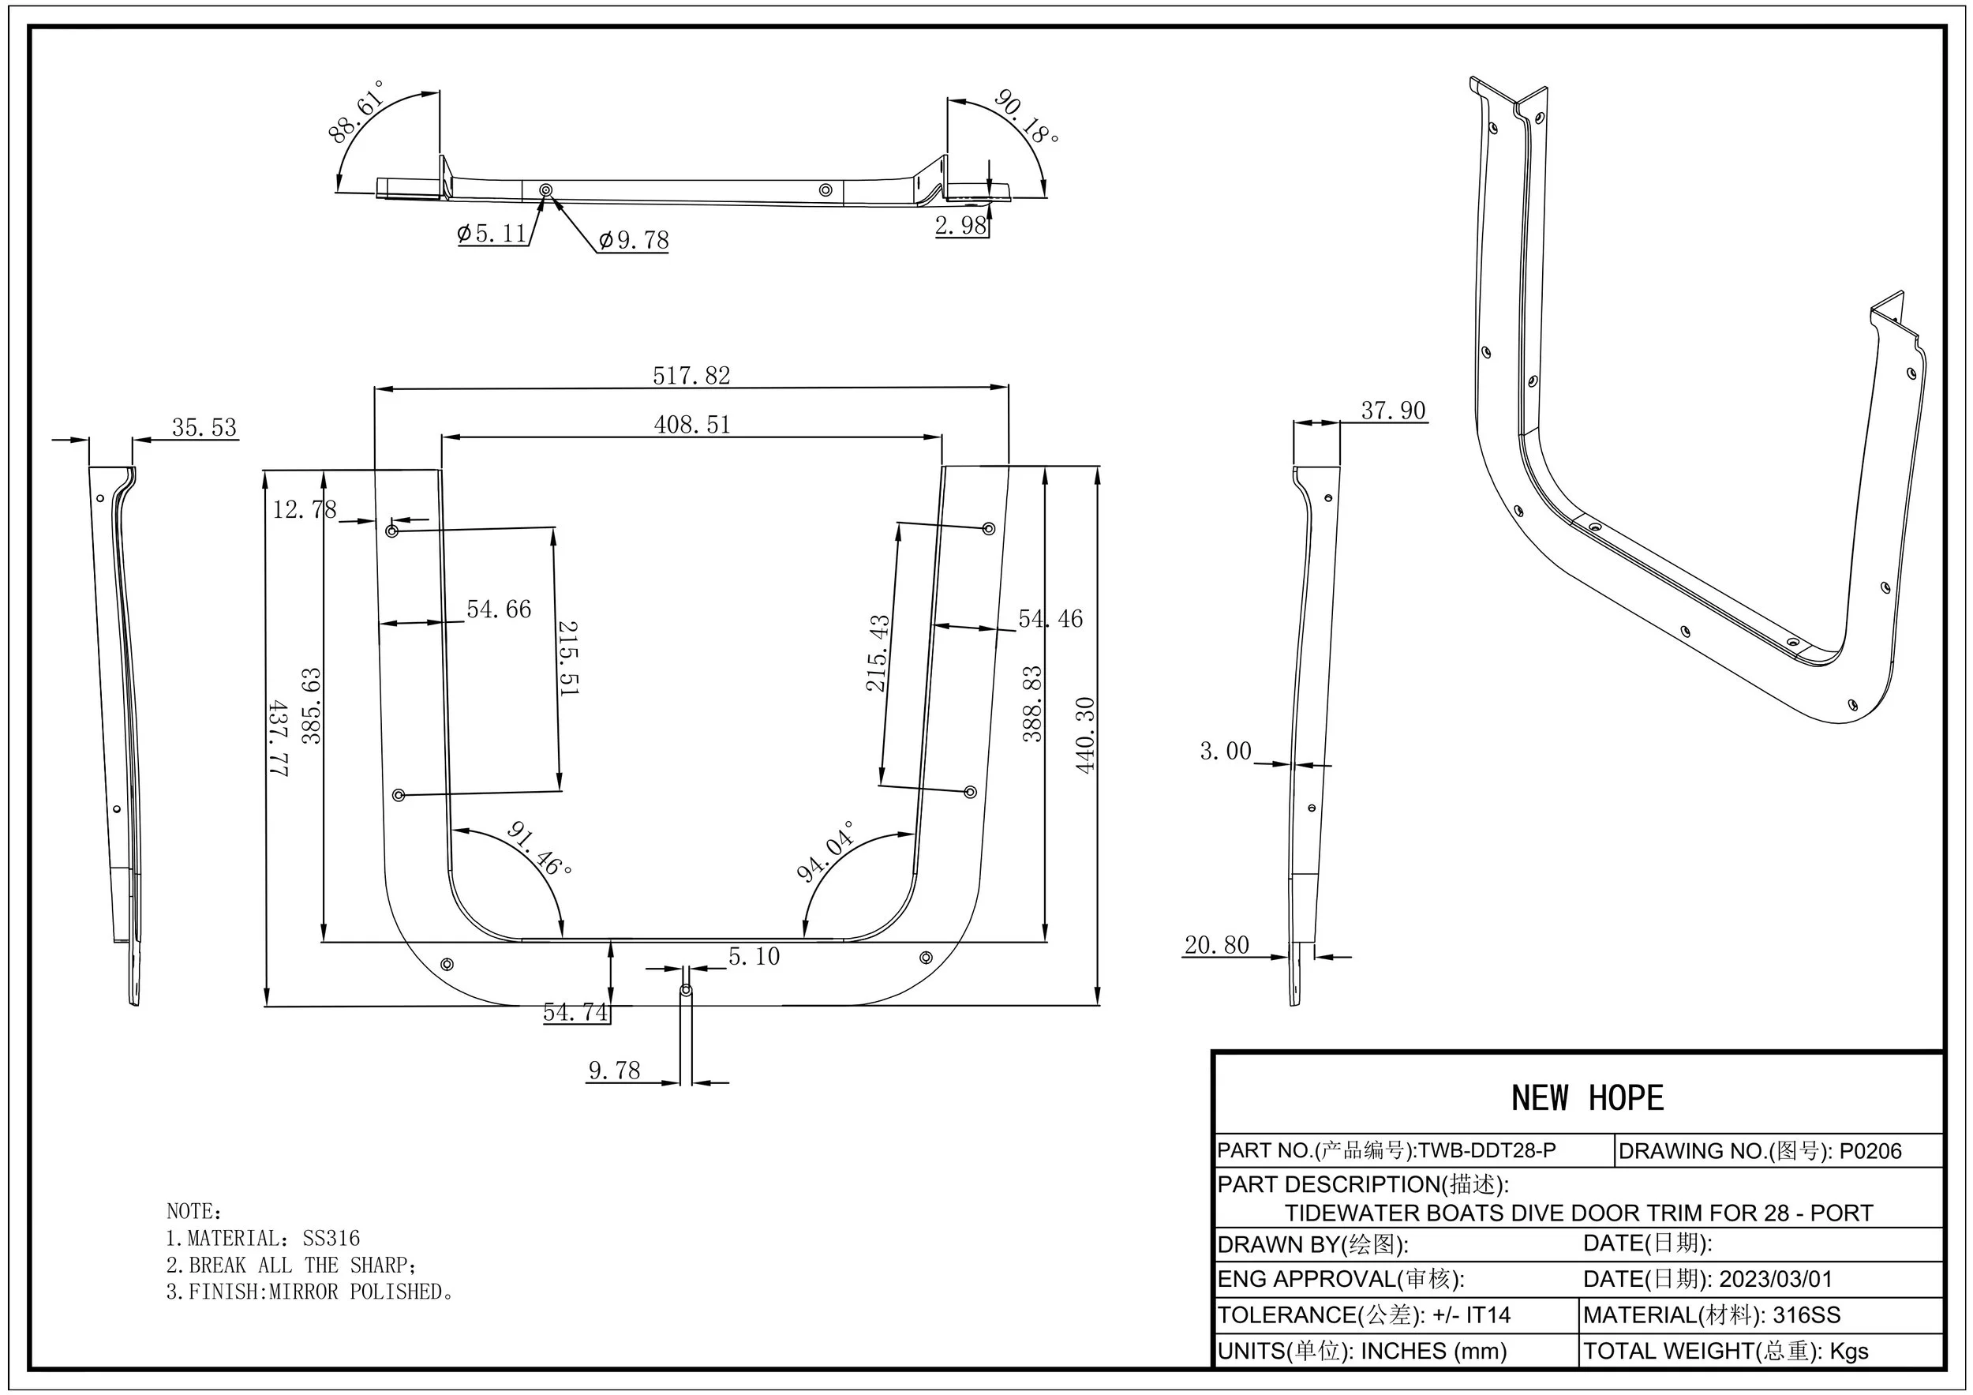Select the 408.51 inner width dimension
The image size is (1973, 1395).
point(692,425)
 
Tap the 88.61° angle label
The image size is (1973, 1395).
point(357,111)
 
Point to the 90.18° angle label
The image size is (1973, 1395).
point(1026,116)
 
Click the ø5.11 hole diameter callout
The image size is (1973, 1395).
point(492,234)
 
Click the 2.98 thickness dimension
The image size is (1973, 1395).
point(960,225)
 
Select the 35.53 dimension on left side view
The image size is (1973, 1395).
point(204,427)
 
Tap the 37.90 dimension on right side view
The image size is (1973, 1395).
point(1393,411)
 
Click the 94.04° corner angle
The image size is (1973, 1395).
point(826,851)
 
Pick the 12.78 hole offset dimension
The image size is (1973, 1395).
point(304,510)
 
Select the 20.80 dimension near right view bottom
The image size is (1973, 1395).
point(1216,946)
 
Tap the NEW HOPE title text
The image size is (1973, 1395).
point(1587,1098)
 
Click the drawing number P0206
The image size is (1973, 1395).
point(1870,1151)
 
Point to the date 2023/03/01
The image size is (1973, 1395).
point(1776,1279)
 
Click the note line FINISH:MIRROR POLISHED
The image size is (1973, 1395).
point(309,1292)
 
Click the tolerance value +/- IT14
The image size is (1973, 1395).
point(1471,1315)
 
